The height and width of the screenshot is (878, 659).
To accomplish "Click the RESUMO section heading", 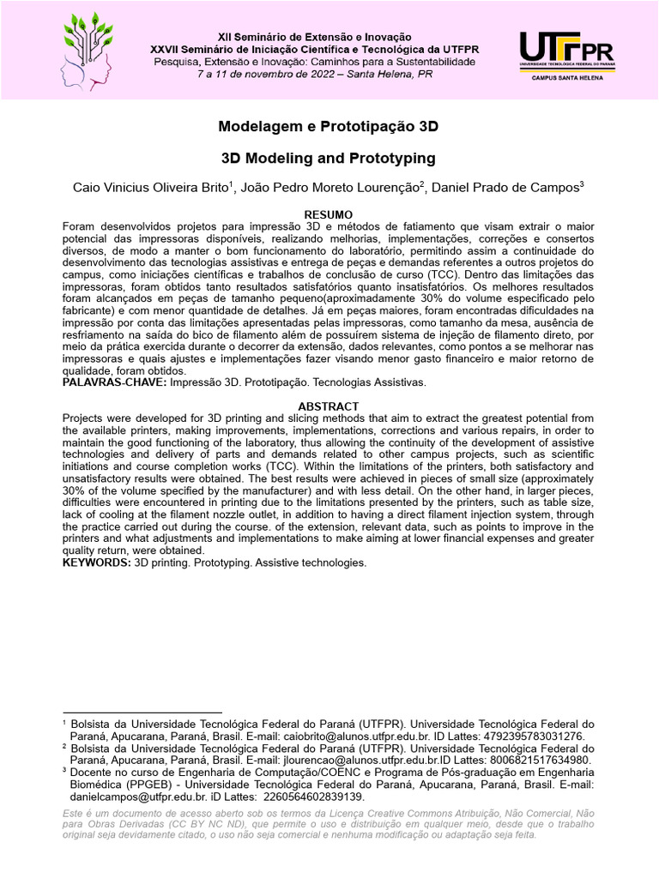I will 329,213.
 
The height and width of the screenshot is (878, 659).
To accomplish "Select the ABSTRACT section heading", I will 329,406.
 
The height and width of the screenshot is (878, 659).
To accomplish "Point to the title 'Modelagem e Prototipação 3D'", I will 329,126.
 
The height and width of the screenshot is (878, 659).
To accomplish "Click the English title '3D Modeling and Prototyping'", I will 329,159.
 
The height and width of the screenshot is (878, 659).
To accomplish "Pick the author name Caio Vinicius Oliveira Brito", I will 151,188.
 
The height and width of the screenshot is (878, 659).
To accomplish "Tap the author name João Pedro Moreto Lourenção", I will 329,188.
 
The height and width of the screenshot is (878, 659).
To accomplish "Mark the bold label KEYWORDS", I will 96,562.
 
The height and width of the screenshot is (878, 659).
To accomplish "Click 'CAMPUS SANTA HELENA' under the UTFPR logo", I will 560,78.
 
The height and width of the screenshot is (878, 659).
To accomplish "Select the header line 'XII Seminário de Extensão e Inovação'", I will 326,38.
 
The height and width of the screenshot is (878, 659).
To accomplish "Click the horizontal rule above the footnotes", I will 142,712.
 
